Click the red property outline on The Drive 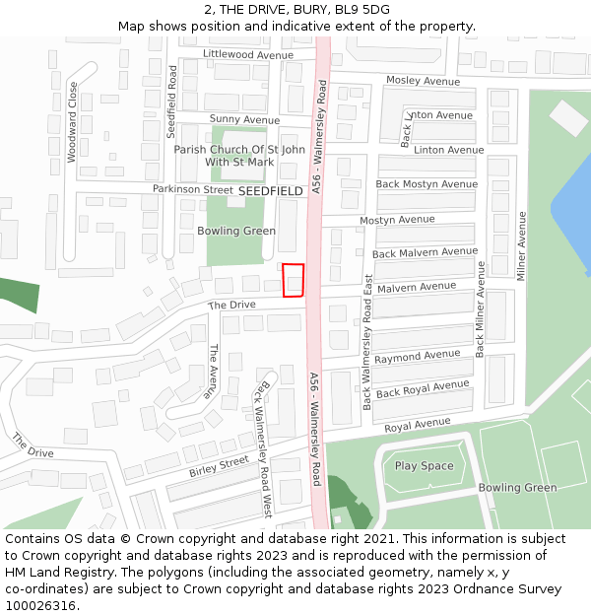(293, 281)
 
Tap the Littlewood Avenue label (248, 55)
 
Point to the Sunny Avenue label (244, 119)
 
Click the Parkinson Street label (192, 189)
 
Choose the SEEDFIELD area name (271, 190)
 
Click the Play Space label (425, 466)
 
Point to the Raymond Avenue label (417, 356)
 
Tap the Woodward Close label (72, 122)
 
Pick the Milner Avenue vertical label (522, 245)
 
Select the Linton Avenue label (448, 150)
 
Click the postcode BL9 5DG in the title (364, 10)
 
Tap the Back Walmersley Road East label (367, 342)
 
